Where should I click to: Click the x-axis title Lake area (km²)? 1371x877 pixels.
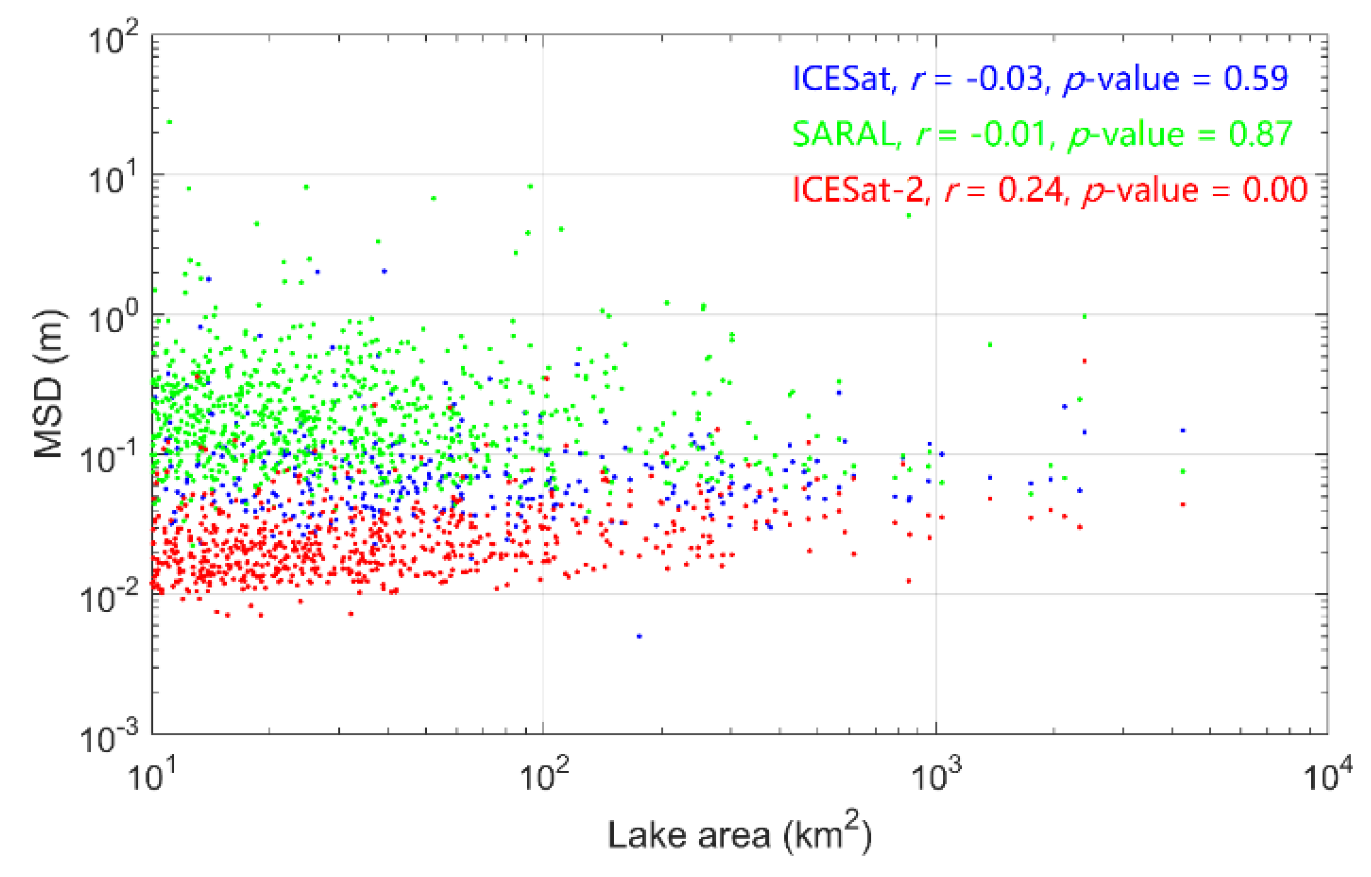click(x=739, y=835)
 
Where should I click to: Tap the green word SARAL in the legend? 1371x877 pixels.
click(x=844, y=134)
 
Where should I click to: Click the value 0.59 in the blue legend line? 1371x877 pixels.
click(x=1255, y=79)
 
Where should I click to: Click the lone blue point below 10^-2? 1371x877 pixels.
click(x=639, y=636)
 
